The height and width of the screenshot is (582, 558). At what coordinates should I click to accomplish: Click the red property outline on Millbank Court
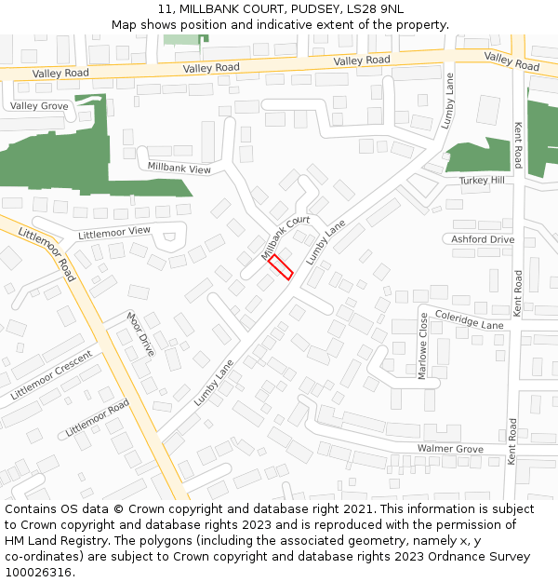tap(281, 268)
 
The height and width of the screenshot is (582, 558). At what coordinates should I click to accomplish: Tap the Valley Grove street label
tap(39, 106)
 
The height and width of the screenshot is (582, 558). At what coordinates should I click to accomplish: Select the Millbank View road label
tap(179, 168)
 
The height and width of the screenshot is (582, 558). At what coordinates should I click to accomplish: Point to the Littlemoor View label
tap(114, 231)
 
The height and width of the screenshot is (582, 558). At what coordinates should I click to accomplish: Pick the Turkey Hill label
tap(483, 180)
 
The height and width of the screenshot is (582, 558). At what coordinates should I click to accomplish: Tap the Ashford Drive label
tap(483, 239)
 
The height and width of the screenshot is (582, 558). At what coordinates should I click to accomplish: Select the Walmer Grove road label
tap(450, 449)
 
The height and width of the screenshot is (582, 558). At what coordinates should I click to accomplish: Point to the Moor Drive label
tap(140, 333)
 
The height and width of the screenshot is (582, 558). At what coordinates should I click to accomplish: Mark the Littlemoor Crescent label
tap(52, 375)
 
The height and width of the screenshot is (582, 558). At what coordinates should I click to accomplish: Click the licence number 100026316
tap(40, 573)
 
